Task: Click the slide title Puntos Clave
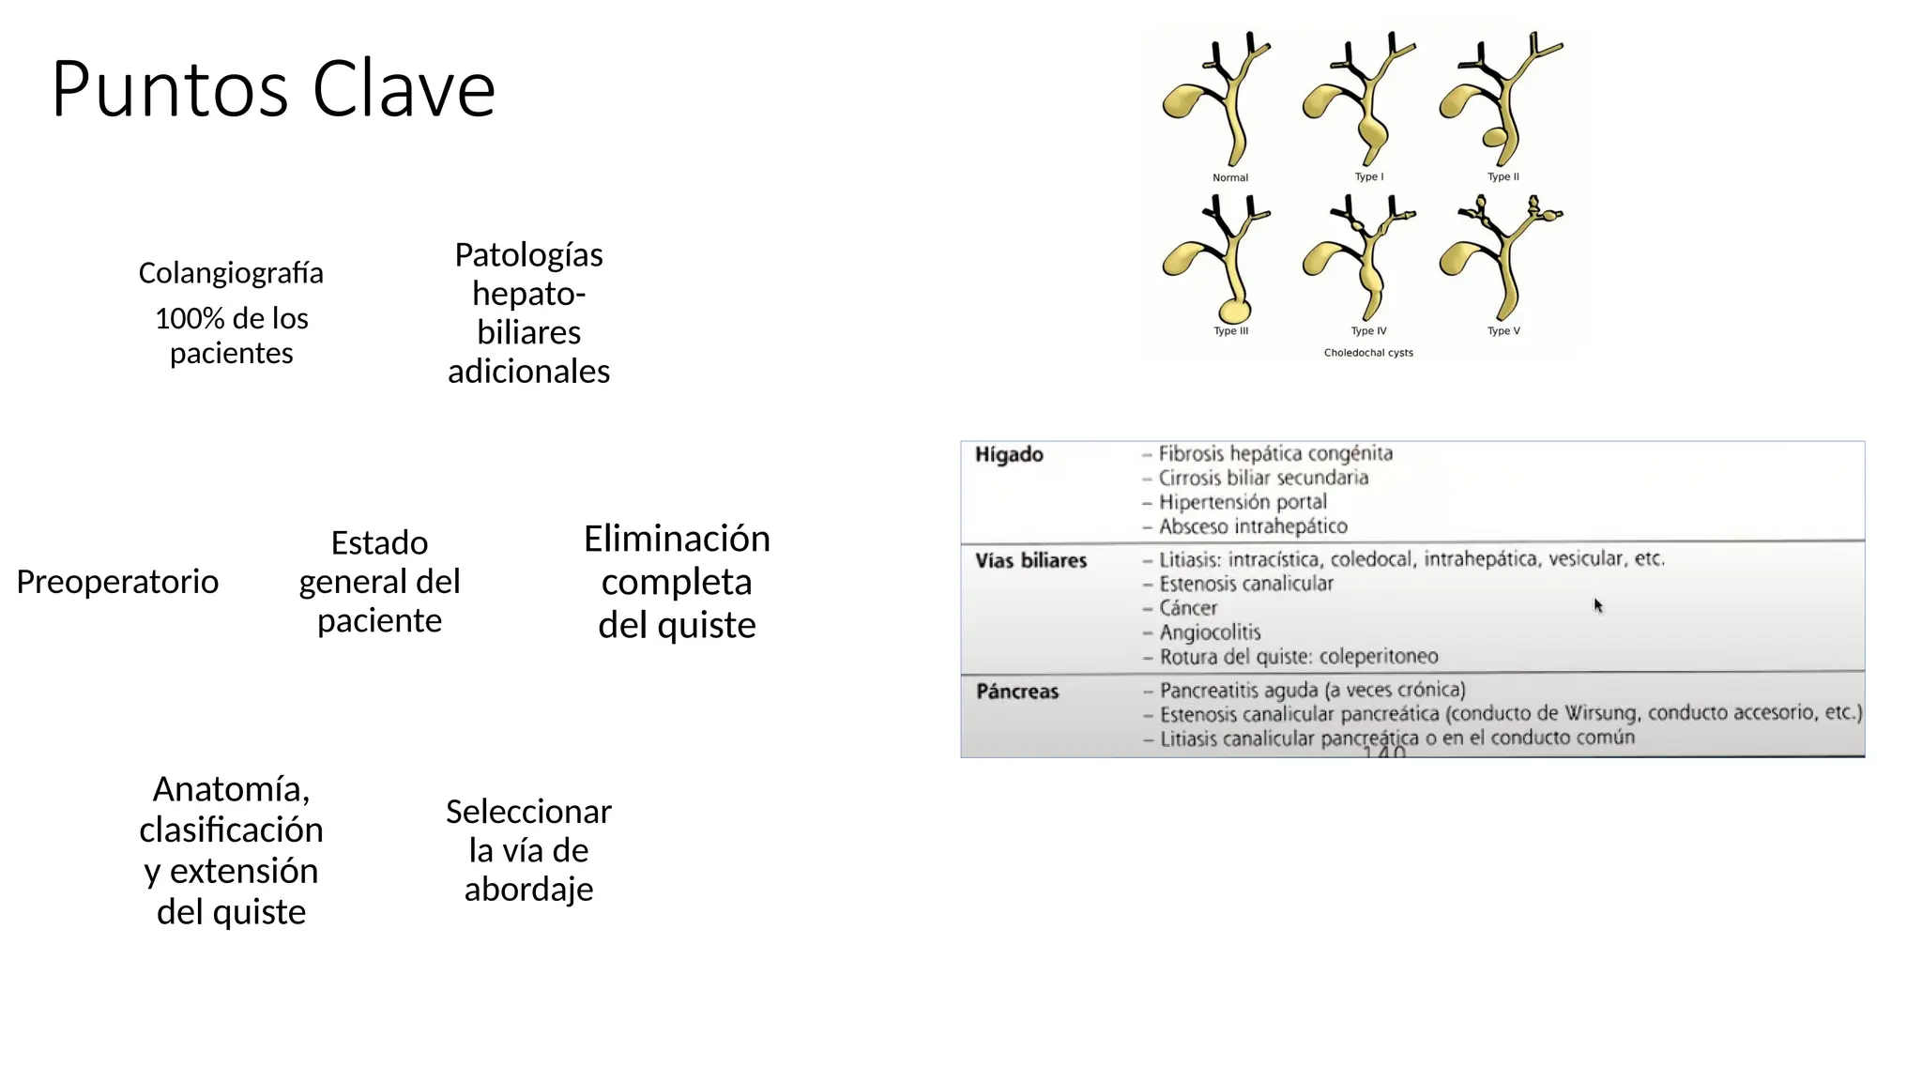click(x=273, y=89)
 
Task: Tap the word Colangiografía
click(x=231, y=273)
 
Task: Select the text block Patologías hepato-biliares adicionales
click(x=528, y=312)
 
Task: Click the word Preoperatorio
click(x=117, y=582)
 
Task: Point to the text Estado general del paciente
click(x=379, y=582)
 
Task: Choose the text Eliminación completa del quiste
click(x=677, y=582)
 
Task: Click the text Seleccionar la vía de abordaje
click(x=528, y=850)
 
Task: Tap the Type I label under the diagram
click(x=1368, y=176)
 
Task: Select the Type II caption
click(x=1503, y=176)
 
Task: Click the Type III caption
click(x=1230, y=330)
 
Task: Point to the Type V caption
click(x=1503, y=330)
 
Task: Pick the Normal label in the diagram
click(x=1229, y=177)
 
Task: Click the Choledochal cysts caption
click(x=1368, y=353)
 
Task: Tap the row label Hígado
click(x=1009, y=455)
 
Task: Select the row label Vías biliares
click(x=1030, y=561)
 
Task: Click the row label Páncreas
click(x=1017, y=692)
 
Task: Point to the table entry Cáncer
click(x=1188, y=608)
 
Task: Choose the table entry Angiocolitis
click(x=1210, y=632)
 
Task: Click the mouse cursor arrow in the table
click(x=1597, y=605)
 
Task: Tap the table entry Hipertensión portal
click(x=1243, y=502)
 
